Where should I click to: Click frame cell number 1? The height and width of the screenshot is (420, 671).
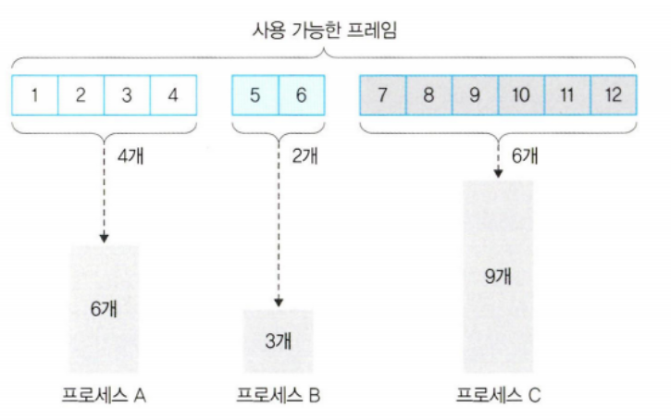35,95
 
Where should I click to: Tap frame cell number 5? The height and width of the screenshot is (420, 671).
255,95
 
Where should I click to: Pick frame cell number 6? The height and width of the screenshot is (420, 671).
301,95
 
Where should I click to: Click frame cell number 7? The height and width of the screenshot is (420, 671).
382,95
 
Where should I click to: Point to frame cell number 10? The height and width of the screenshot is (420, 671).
520,95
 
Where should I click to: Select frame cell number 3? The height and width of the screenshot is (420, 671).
128,95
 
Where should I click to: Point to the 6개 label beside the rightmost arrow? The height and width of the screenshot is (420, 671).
526,154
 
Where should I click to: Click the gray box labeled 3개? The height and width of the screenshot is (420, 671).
278,340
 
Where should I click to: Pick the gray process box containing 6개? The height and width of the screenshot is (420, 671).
103,307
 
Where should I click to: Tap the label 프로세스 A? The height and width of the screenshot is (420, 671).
103,396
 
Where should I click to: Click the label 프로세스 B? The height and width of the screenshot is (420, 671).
278,396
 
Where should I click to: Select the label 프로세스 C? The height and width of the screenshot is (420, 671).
498,396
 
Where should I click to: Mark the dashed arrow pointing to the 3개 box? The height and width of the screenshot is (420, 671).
277,227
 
